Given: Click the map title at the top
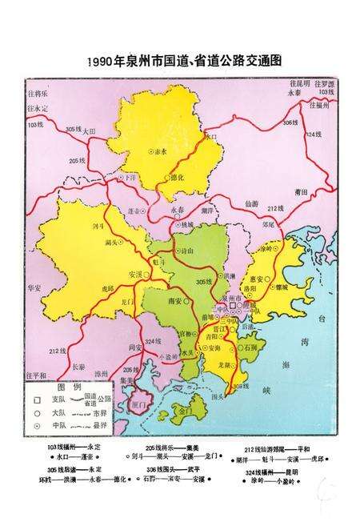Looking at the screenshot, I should [180, 61].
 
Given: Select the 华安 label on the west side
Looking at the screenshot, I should [34, 286].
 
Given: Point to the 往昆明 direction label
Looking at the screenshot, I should [299, 83].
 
